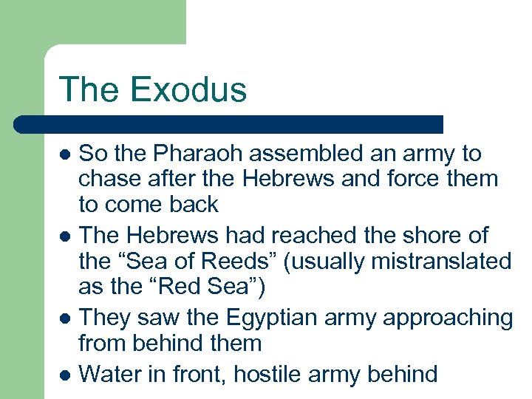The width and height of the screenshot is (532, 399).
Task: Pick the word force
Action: coord(415,179)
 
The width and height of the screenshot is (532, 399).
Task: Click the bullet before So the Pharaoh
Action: coord(65,155)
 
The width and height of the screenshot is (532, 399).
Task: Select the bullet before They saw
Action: coord(65,319)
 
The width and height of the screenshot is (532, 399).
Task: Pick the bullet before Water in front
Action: coord(65,375)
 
